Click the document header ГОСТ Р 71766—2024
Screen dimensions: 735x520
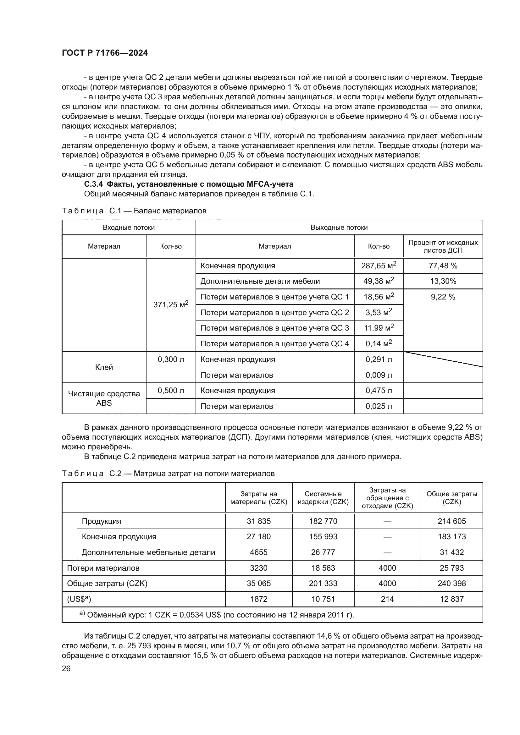[105, 53]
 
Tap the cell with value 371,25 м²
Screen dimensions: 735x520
[171, 304]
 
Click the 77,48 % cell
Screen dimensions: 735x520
[443, 266]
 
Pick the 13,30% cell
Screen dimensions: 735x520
[443, 281]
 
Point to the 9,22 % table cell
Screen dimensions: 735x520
[443, 297]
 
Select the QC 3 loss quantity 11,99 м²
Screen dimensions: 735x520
[379, 328]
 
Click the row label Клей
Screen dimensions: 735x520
[104, 367]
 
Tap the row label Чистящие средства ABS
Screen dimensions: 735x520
[104, 398]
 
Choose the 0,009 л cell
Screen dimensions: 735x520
[379, 375]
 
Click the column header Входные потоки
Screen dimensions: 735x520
[129, 228]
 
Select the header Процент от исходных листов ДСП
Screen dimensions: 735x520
[443, 246]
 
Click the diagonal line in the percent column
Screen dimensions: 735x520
[443, 359]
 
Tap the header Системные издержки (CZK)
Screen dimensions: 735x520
[323, 498]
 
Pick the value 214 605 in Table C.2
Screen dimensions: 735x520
[451, 521]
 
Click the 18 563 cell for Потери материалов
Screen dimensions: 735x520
[323, 568]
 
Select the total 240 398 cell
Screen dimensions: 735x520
[451, 583]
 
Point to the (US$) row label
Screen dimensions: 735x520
[79, 599]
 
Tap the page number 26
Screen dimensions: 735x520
[66, 668]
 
